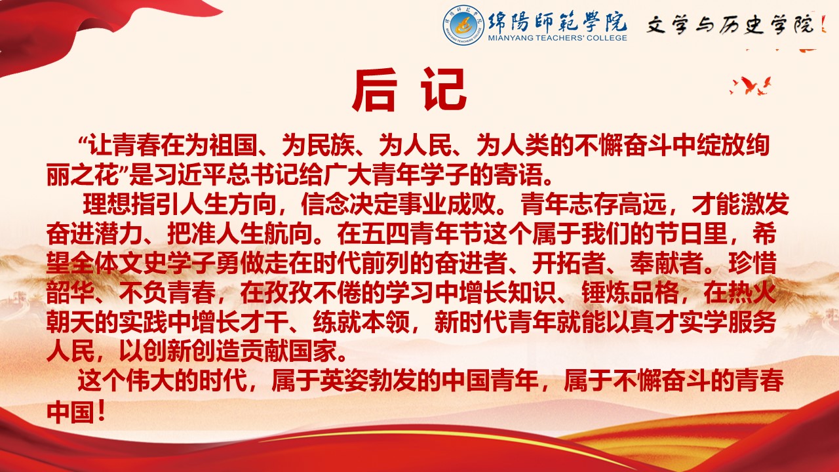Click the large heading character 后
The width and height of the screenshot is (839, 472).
[374, 90]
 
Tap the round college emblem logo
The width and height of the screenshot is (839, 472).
[463, 25]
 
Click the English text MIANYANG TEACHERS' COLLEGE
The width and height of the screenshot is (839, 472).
[557, 38]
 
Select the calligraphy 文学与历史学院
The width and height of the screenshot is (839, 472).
[730, 25]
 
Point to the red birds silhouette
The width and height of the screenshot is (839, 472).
[751, 86]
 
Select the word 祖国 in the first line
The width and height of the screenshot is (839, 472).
[233, 146]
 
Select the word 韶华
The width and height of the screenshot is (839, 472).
[70, 292]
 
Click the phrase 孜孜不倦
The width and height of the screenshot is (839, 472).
[312, 292]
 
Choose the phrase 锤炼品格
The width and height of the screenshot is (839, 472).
[630, 292]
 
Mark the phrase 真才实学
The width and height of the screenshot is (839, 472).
[678, 322]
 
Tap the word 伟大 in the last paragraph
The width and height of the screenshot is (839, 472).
[149, 381]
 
